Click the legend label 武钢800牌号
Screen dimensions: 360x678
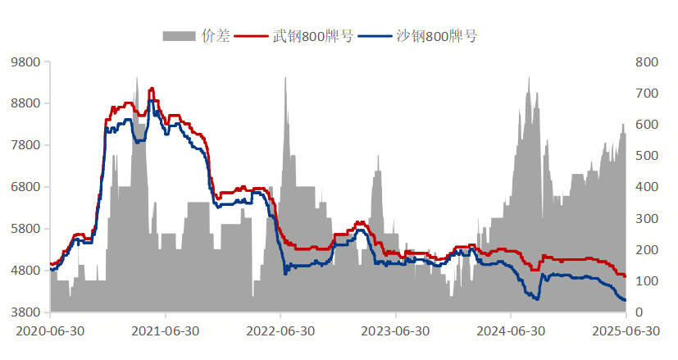coord(312,36)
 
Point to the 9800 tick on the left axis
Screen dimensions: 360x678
coord(24,62)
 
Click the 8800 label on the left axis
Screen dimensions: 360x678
coord(24,104)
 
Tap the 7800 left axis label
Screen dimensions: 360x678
coord(24,146)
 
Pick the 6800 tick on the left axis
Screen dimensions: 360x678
coord(24,188)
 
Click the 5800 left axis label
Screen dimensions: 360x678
coord(24,230)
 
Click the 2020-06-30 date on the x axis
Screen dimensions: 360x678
coord(50,331)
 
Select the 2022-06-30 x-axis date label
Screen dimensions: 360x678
coord(280,331)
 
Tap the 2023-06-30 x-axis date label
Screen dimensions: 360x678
coord(396,331)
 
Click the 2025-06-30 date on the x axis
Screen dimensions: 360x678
coord(626,331)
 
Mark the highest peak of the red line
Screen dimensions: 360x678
coord(152,89)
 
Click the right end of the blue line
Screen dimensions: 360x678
coord(625,300)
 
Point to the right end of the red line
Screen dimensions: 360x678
coord(625,276)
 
